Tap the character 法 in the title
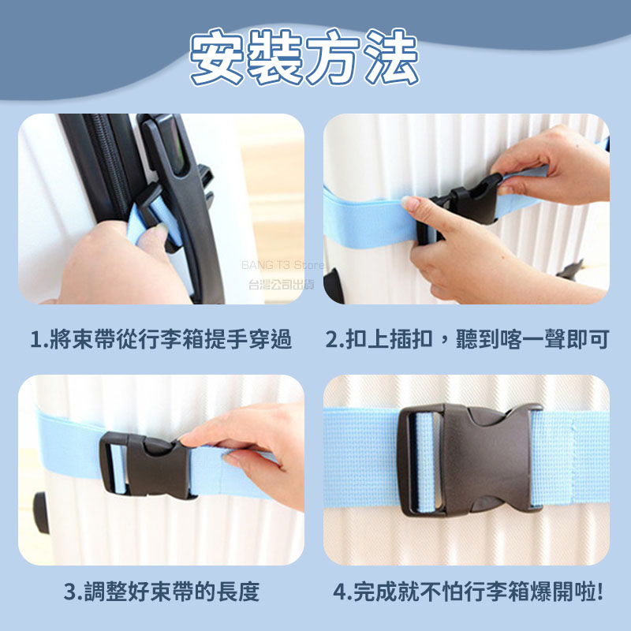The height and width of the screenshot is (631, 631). (391, 57)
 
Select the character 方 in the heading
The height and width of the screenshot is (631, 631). (333, 57)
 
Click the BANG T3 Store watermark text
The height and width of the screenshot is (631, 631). (282, 265)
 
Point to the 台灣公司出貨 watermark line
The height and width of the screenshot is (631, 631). (282, 285)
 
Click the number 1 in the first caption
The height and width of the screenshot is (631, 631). (36, 340)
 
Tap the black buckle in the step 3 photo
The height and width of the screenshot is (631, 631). (145, 465)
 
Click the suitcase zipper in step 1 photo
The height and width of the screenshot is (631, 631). (107, 161)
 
